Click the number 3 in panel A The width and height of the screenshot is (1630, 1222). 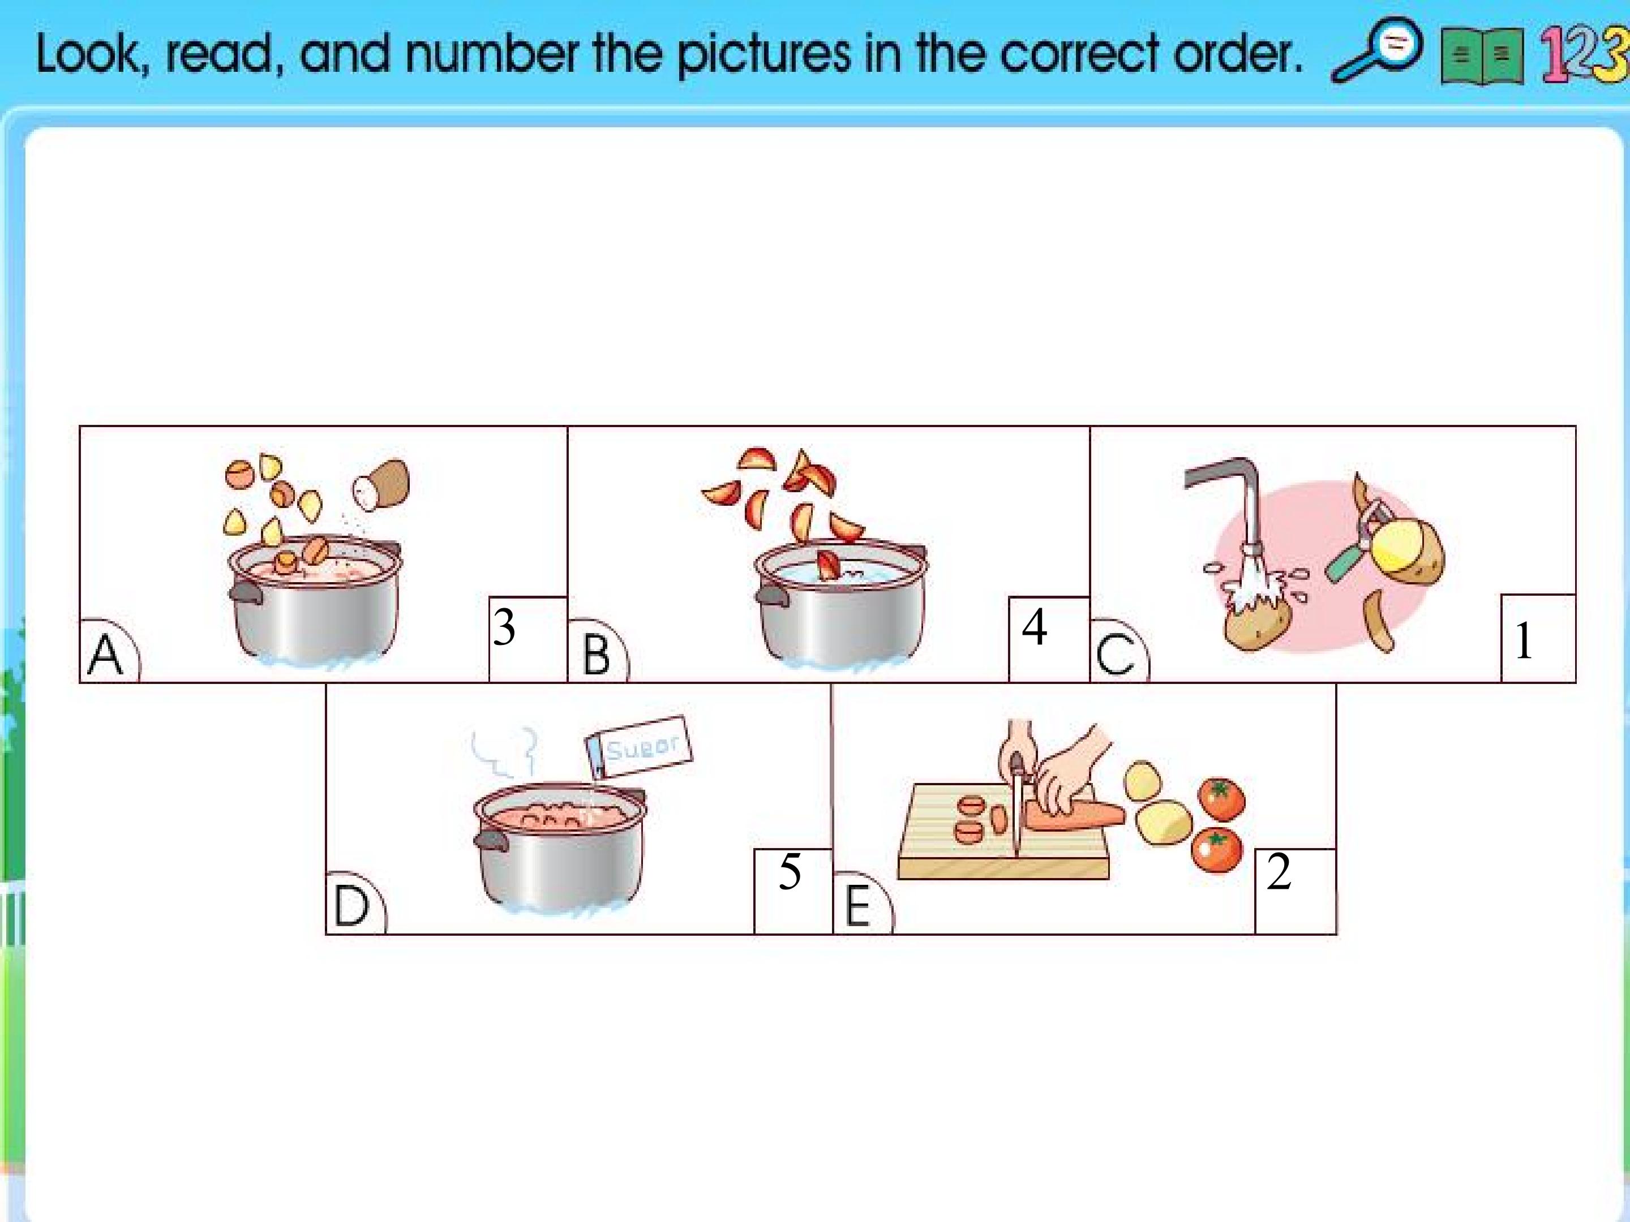504,627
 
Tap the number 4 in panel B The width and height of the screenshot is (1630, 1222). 1035,627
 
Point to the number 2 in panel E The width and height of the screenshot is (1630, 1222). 1279,872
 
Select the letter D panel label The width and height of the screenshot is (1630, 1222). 351,906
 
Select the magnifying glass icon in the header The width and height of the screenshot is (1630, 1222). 1376,50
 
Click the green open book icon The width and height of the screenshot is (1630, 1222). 1482,57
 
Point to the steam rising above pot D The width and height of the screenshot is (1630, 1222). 503,752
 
